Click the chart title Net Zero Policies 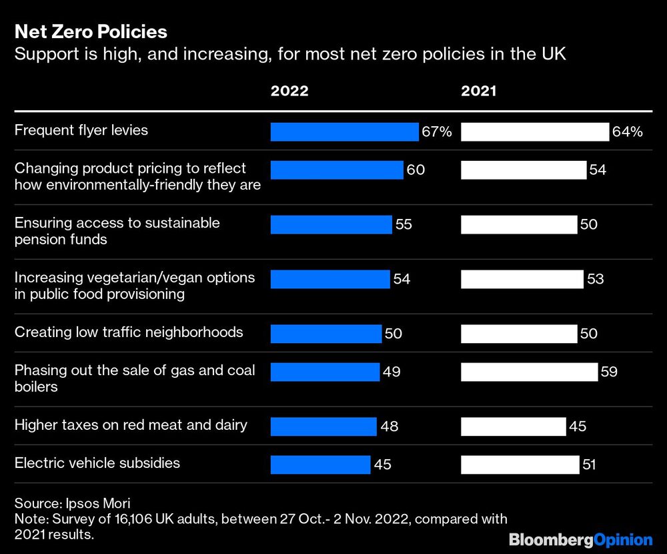[91, 31]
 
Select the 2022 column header [289, 91]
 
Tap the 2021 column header [479, 91]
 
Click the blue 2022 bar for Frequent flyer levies [344, 132]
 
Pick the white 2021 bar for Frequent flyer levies [535, 132]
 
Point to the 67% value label [437, 132]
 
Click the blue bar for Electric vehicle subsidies [320, 465]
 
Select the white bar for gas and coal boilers [529, 372]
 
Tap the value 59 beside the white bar [609, 372]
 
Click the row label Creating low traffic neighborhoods [129, 332]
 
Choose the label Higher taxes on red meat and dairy [131, 425]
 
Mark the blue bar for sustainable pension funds [331, 225]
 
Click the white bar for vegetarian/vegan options [522, 279]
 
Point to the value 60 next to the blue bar [416, 170]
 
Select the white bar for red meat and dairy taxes [514, 425]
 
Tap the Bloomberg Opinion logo [580, 539]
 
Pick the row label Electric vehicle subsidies [97, 463]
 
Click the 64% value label [628, 132]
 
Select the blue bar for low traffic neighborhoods [326, 332]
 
